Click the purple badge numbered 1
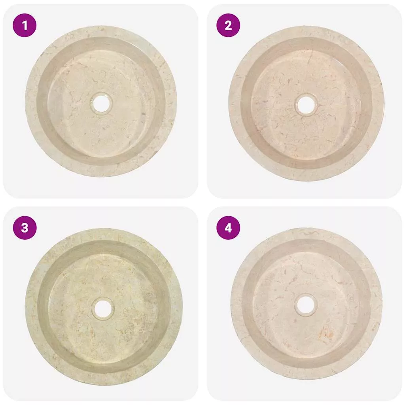click(x=25, y=25)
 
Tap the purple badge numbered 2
click(x=228, y=25)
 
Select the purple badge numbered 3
click(x=25, y=228)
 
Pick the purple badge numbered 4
click(x=228, y=228)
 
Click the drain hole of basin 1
click(x=101, y=104)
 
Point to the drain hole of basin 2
click(x=306, y=104)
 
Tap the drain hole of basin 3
click(x=102, y=308)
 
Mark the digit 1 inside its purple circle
click(x=25, y=25)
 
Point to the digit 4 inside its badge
click(x=228, y=228)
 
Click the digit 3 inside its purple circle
click(x=25, y=228)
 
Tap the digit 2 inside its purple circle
click(x=228, y=25)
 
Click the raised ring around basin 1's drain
click(x=101, y=94)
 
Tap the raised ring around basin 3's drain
click(x=102, y=299)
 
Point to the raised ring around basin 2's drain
click(x=306, y=95)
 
